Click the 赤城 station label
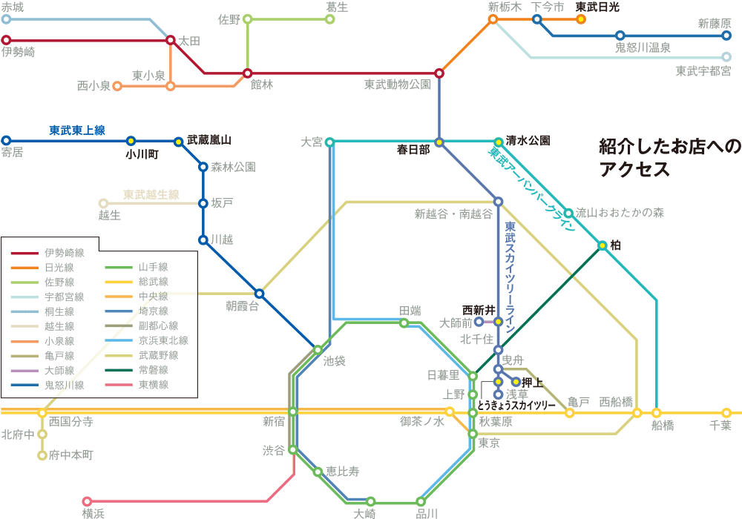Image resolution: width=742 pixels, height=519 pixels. click(x=12, y=7)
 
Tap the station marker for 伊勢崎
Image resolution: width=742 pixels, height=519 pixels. click(x=6, y=40)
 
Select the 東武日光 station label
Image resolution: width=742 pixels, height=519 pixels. click(x=597, y=7)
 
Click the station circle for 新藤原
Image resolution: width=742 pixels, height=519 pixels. click(x=726, y=36)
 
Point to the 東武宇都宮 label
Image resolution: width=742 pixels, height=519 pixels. click(x=703, y=71)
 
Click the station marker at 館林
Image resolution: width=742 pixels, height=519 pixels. click(x=247, y=73)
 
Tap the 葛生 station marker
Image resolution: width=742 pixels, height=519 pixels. click(x=330, y=19)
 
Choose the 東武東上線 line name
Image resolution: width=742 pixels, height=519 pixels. click(x=77, y=130)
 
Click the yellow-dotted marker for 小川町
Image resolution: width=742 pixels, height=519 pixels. click(x=131, y=141)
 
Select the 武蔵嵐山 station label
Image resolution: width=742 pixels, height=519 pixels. click(x=209, y=140)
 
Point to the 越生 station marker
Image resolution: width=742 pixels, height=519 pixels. click(x=103, y=203)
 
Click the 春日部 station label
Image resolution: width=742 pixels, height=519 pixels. click(x=413, y=150)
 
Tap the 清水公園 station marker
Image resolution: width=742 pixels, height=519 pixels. click(x=498, y=142)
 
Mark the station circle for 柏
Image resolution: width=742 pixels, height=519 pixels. click(x=602, y=245)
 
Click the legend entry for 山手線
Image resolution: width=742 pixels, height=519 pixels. click(x=137, y=267)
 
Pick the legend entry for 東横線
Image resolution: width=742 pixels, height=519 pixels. click(x=137, y=385)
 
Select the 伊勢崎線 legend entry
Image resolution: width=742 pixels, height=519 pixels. click(x=47, y=253)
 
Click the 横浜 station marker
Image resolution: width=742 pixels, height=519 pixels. click(x=87, y=501)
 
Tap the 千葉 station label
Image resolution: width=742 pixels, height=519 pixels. click(x=720, y=426)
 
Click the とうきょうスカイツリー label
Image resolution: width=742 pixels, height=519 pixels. click(x=516, y=406)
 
